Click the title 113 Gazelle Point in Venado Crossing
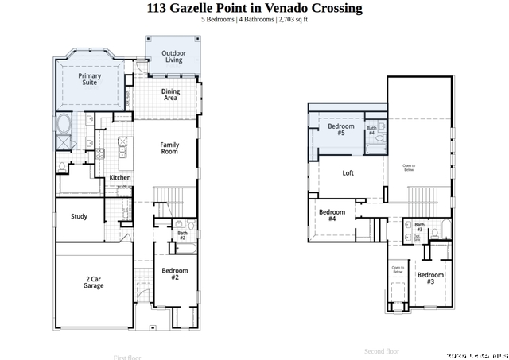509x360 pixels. click(x=254, y=8)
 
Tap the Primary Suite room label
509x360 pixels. click(x=89, y=79)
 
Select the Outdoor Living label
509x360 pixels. click(x=173, y=56)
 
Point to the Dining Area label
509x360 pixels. click(x=170, y=95)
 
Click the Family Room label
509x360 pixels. click(x=169, y=148)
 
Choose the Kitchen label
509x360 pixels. click(x=120, y=177)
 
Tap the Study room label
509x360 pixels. click(x=79, y=216)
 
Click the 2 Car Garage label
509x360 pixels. click(x=94, y=282)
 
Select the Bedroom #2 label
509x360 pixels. click(x=175, y=273)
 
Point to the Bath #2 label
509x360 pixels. click(x=182, y=235)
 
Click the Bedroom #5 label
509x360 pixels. click(x=341, y=130)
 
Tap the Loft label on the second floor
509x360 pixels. click(x=348, y=172)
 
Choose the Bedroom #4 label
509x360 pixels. click(x=332, y=215)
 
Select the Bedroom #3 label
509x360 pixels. click(x=430, y=277)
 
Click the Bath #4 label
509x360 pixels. click(x=371, y=130)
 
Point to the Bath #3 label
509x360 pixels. click(x=419, y=227)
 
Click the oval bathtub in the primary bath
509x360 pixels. click(x=64, y=125)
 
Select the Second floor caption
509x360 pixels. click(x=382, y=350)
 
